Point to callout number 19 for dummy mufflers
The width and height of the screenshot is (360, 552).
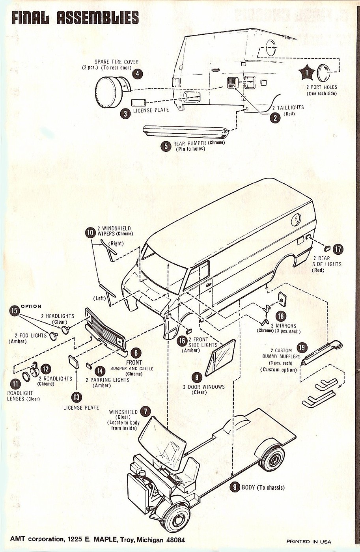pos(302,347)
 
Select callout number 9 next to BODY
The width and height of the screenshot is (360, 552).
pos(235,487)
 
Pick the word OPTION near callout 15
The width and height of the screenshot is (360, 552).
pos(31,306)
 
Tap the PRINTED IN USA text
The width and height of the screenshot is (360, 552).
pos(308,541)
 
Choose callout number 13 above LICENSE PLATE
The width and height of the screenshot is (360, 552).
pos(76,396)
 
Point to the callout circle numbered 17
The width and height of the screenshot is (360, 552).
pos(338,249)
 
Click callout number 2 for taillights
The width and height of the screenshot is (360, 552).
pos(275,117)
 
